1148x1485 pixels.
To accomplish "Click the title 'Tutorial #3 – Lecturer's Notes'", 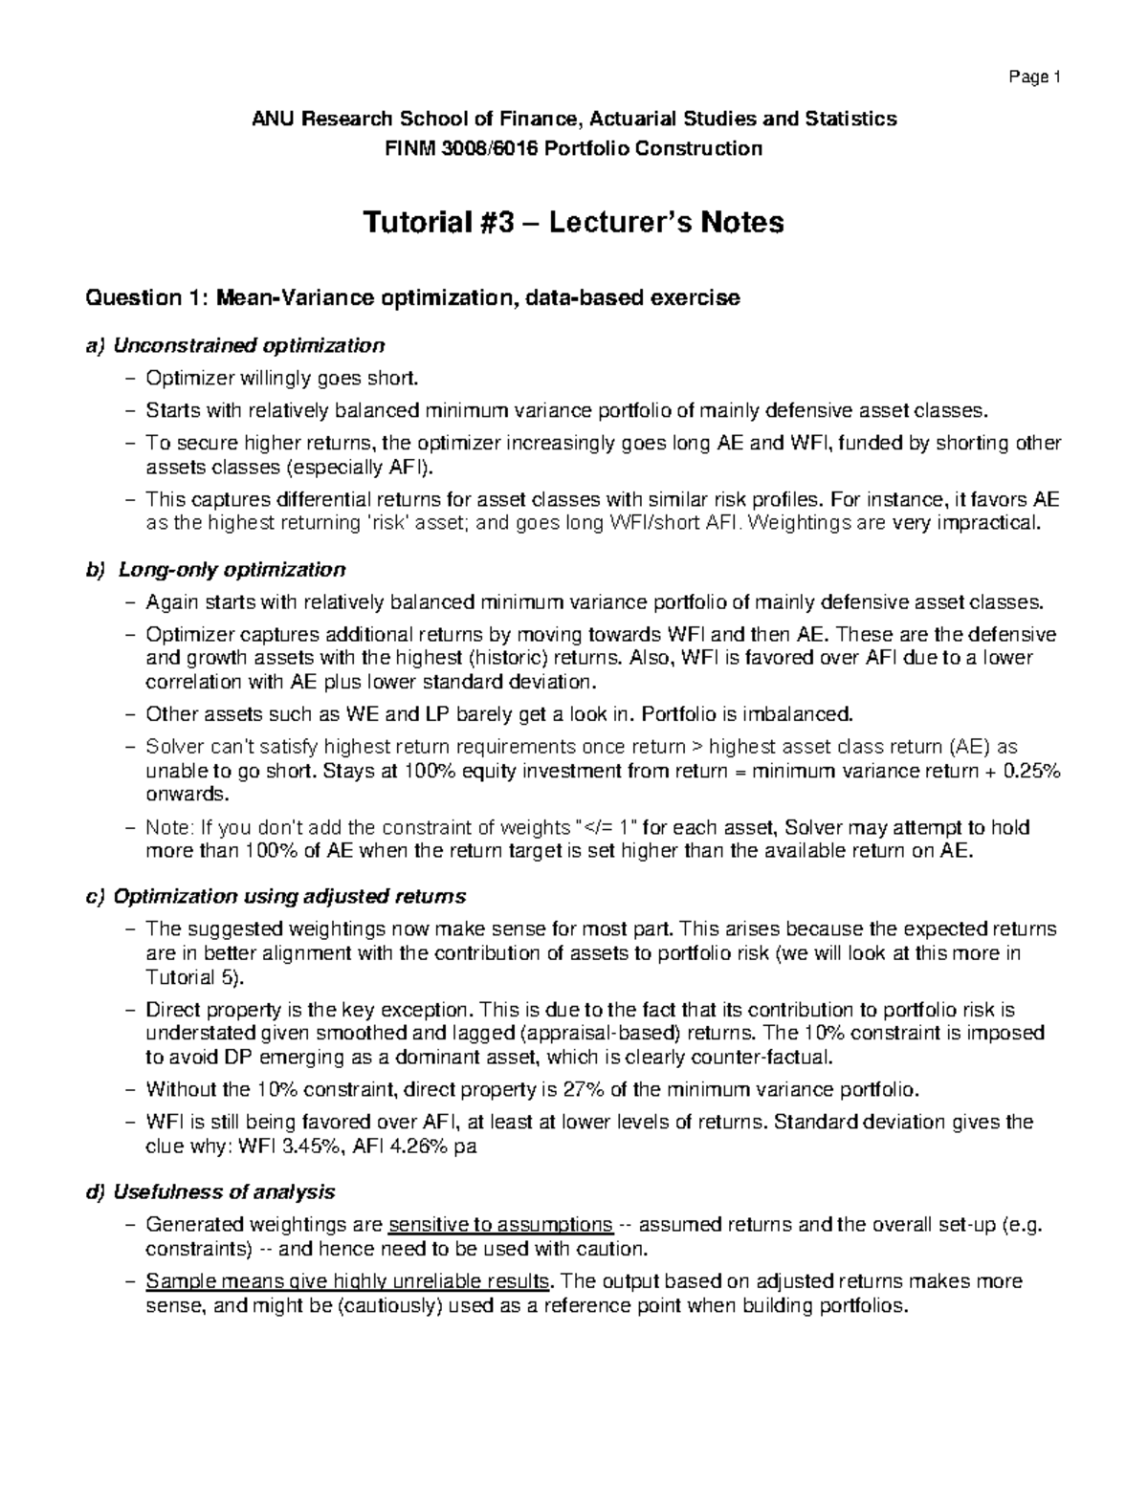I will click(573, 223).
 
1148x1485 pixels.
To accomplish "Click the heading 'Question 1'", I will click(145, 298).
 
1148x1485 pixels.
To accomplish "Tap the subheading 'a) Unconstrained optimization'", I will click(235, 344).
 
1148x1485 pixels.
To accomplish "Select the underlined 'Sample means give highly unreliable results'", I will click(349, 1281).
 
